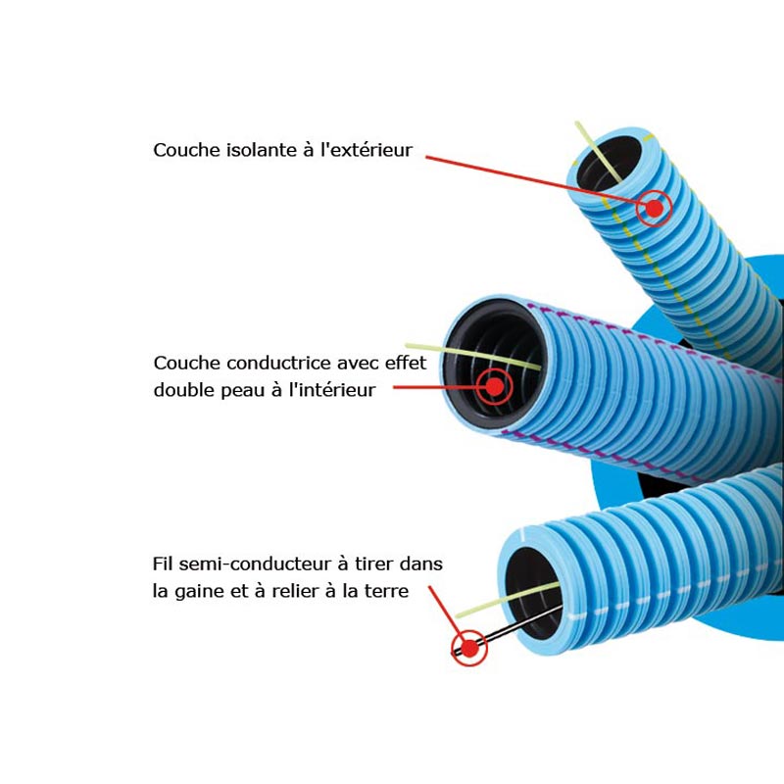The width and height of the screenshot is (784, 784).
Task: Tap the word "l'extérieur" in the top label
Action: (367, 150)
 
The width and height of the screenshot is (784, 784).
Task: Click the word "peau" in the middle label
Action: (243, 390)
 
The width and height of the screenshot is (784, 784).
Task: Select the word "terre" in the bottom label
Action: (386, 591)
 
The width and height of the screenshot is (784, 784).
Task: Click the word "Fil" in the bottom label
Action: (163, 564)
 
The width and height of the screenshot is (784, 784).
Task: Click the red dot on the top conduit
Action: (655, 208)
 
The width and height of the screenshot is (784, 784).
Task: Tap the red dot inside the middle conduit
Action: (495, 386)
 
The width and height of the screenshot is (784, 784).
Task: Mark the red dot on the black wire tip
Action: (469, 649)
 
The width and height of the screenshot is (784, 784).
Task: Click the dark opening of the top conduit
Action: (609, 163)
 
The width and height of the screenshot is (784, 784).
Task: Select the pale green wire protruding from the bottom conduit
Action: (508, 600)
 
